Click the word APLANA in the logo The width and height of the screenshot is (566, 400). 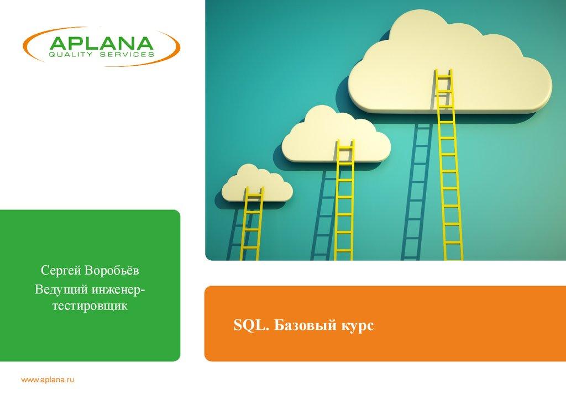click(x=102, y=43)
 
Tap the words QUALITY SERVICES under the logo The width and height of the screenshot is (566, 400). click(x=102, y=55)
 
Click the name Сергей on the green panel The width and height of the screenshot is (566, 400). click(x=61, y=271)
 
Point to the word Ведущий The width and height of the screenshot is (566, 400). click(x=61, y=290)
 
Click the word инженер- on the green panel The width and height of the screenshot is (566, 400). click(x=118, y=290)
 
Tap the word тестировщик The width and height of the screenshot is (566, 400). click(x=90, y=306)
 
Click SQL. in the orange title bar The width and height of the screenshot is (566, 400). click(x=251, y=325)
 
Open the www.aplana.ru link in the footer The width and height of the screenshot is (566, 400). click(x=48, y=380)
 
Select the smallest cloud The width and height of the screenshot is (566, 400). click(x=257, y=183)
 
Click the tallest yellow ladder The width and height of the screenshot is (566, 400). click(x=449, y=165)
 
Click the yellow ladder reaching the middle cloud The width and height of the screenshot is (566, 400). click(x=344, y=200)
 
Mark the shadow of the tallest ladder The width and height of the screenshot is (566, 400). click(x=416, y=192)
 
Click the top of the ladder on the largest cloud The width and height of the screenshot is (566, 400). click(x=443, y=70)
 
